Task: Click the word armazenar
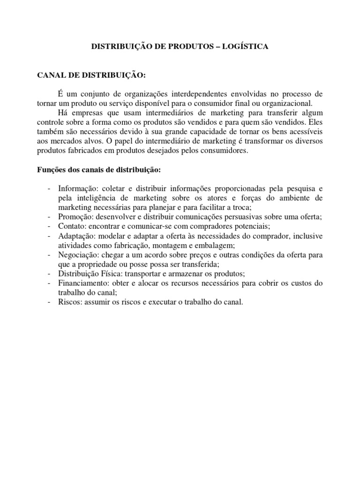click(192, 274)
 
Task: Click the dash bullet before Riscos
click(50, 302)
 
